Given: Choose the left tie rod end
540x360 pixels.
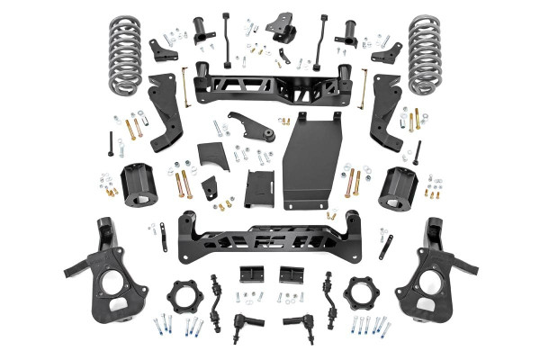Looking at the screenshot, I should click(x=244, y=321).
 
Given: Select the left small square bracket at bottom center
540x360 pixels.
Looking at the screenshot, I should click(x=249, y=274).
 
